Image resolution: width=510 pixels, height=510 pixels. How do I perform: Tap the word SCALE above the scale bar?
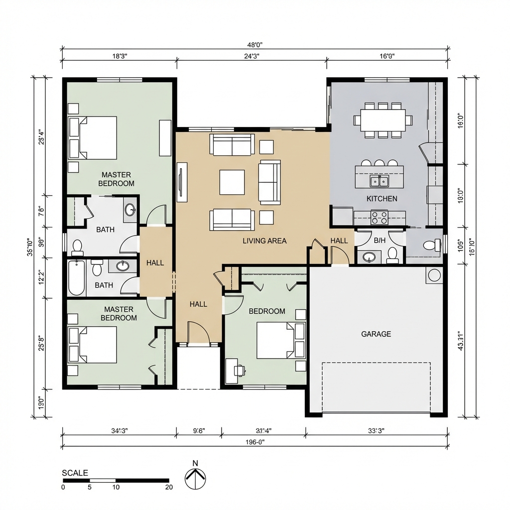click(x=75, y=473)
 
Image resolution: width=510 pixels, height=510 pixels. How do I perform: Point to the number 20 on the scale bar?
click(x=169, y=487)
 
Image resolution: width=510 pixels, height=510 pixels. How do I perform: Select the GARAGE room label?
click(x=376, y=334)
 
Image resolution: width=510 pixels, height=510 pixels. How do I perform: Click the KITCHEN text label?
click(x=382, y=199)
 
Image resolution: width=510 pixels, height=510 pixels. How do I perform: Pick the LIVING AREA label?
click(x=264, y=241)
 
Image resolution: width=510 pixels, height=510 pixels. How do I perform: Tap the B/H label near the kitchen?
click(x=380, y=241)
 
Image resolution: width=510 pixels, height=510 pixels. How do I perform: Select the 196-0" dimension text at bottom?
click(x=254, y=442)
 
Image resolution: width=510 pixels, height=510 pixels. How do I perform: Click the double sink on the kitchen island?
click(x=379, y=180)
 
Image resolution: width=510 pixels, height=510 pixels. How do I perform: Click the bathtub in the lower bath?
click(x=77, y=278)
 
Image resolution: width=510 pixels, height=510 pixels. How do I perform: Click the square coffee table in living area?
click(x=232, y=182)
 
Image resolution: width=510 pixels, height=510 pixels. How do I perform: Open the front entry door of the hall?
click(x=198, y=334)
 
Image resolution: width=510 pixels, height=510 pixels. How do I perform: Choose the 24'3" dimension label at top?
click(x=252, y=56)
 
